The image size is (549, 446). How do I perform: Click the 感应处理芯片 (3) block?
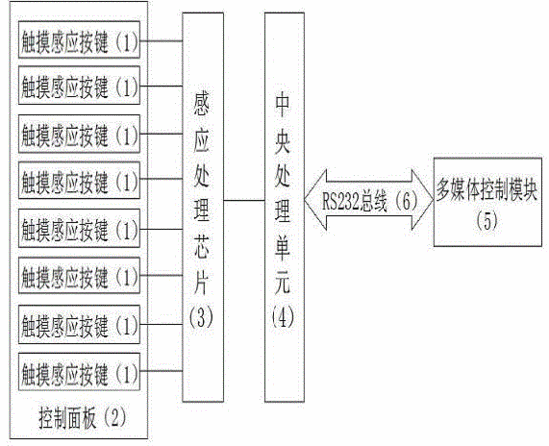(203, 207)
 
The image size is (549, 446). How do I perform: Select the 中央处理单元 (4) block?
(284, 207)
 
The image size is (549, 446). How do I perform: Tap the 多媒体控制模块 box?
(488, 201)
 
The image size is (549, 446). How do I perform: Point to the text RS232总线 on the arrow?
(355, 201)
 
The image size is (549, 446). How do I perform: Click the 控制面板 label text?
(66, 418)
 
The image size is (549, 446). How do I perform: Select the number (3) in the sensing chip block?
(201, 318)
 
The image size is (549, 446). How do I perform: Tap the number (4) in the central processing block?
(282, 318)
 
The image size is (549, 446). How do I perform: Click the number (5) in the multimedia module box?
(487, 221)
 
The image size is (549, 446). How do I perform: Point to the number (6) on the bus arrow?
(405, 201)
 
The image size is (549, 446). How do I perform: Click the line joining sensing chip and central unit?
(244, 201)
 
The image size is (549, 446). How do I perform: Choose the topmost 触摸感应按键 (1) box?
(79, 40)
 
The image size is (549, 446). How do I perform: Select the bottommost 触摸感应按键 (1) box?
(79, 372)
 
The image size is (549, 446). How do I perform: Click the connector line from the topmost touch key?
(162, 41)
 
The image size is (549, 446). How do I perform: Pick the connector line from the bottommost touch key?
(162, 371)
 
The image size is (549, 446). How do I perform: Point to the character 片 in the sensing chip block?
(202, 282)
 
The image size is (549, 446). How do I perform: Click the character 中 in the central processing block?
(282, 105)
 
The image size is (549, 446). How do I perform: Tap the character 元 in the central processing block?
(282, 282)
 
